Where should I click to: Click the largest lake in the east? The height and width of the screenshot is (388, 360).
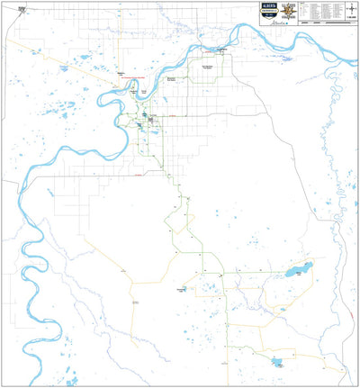click(x=298, y=270)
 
